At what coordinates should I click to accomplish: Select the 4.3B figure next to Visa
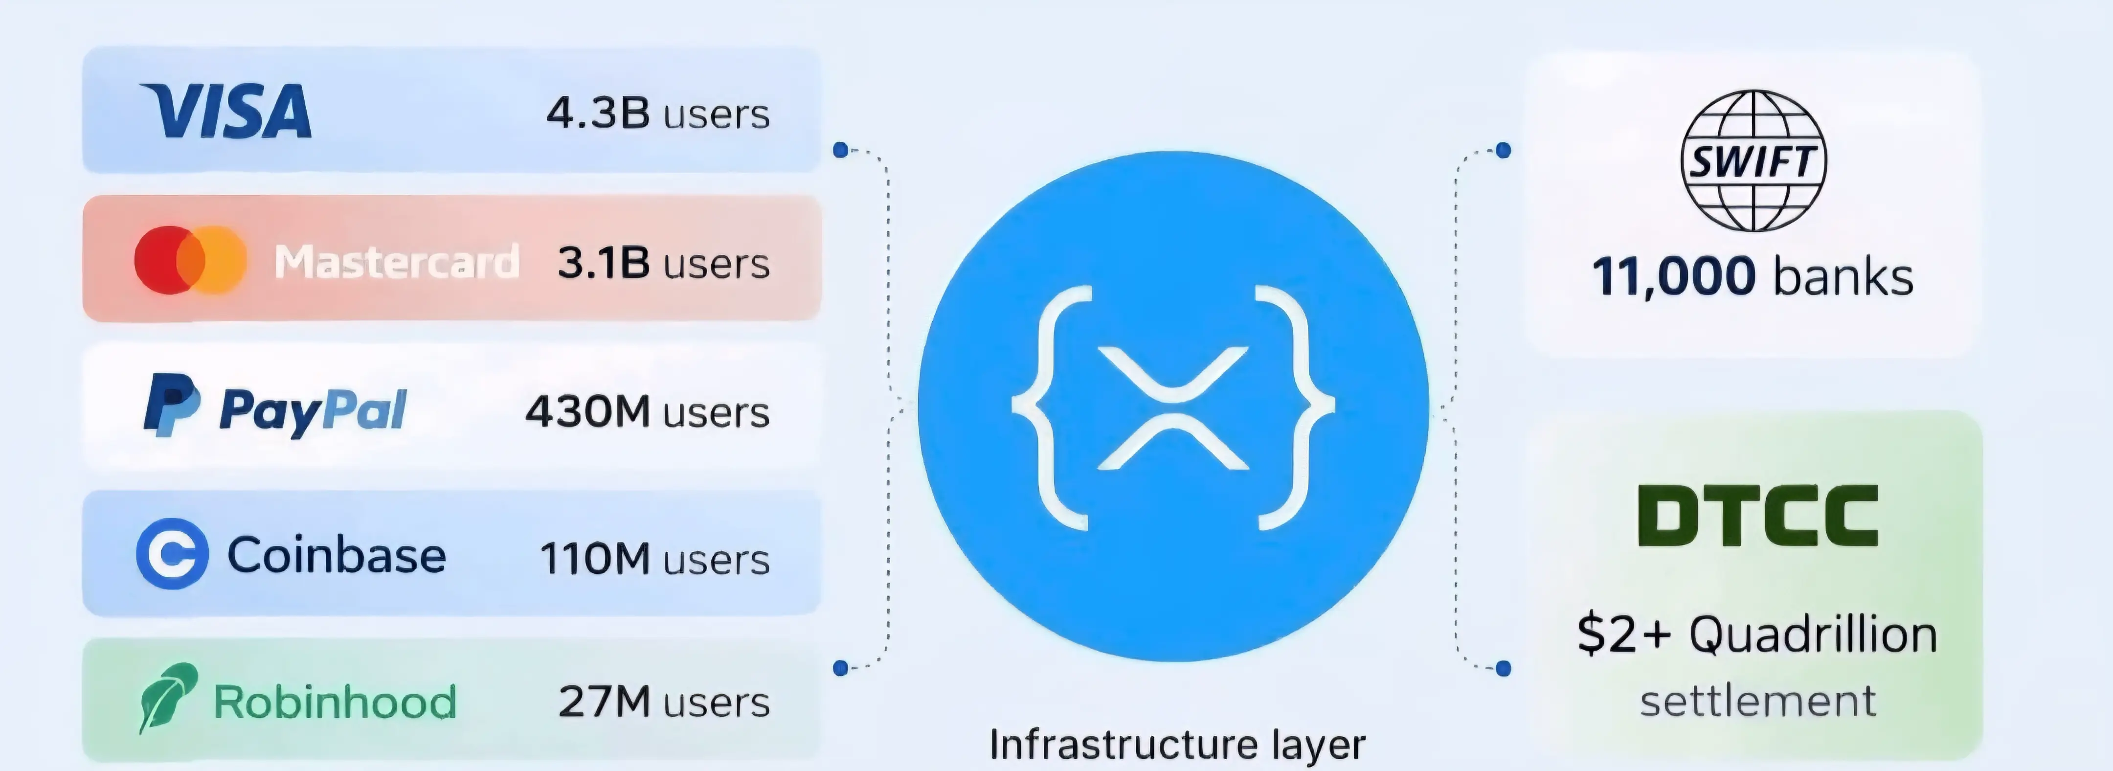pyautogui.click(x=598, y=113)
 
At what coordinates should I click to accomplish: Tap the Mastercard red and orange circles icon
pyautogui.click(x=190, y=260)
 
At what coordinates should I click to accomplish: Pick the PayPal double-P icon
pyautogui.click(x=171, y=405)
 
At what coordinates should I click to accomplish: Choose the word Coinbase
pyautogui.click(x=337, y=555)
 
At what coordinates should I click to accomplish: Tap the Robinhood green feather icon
pyautogui.click(x=168, y=697)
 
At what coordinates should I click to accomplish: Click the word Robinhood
pyautogui.click(x=335, y=702)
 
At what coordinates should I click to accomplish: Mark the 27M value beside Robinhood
pyautogui.click(x=605, y=701)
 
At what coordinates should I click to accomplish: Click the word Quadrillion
pyautogui.click(x=1813, y=635)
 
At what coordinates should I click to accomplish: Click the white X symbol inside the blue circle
pyautogui.click(x=1173, y=408)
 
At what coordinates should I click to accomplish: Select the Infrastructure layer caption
pyautogui.click(x=1178, y=744)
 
